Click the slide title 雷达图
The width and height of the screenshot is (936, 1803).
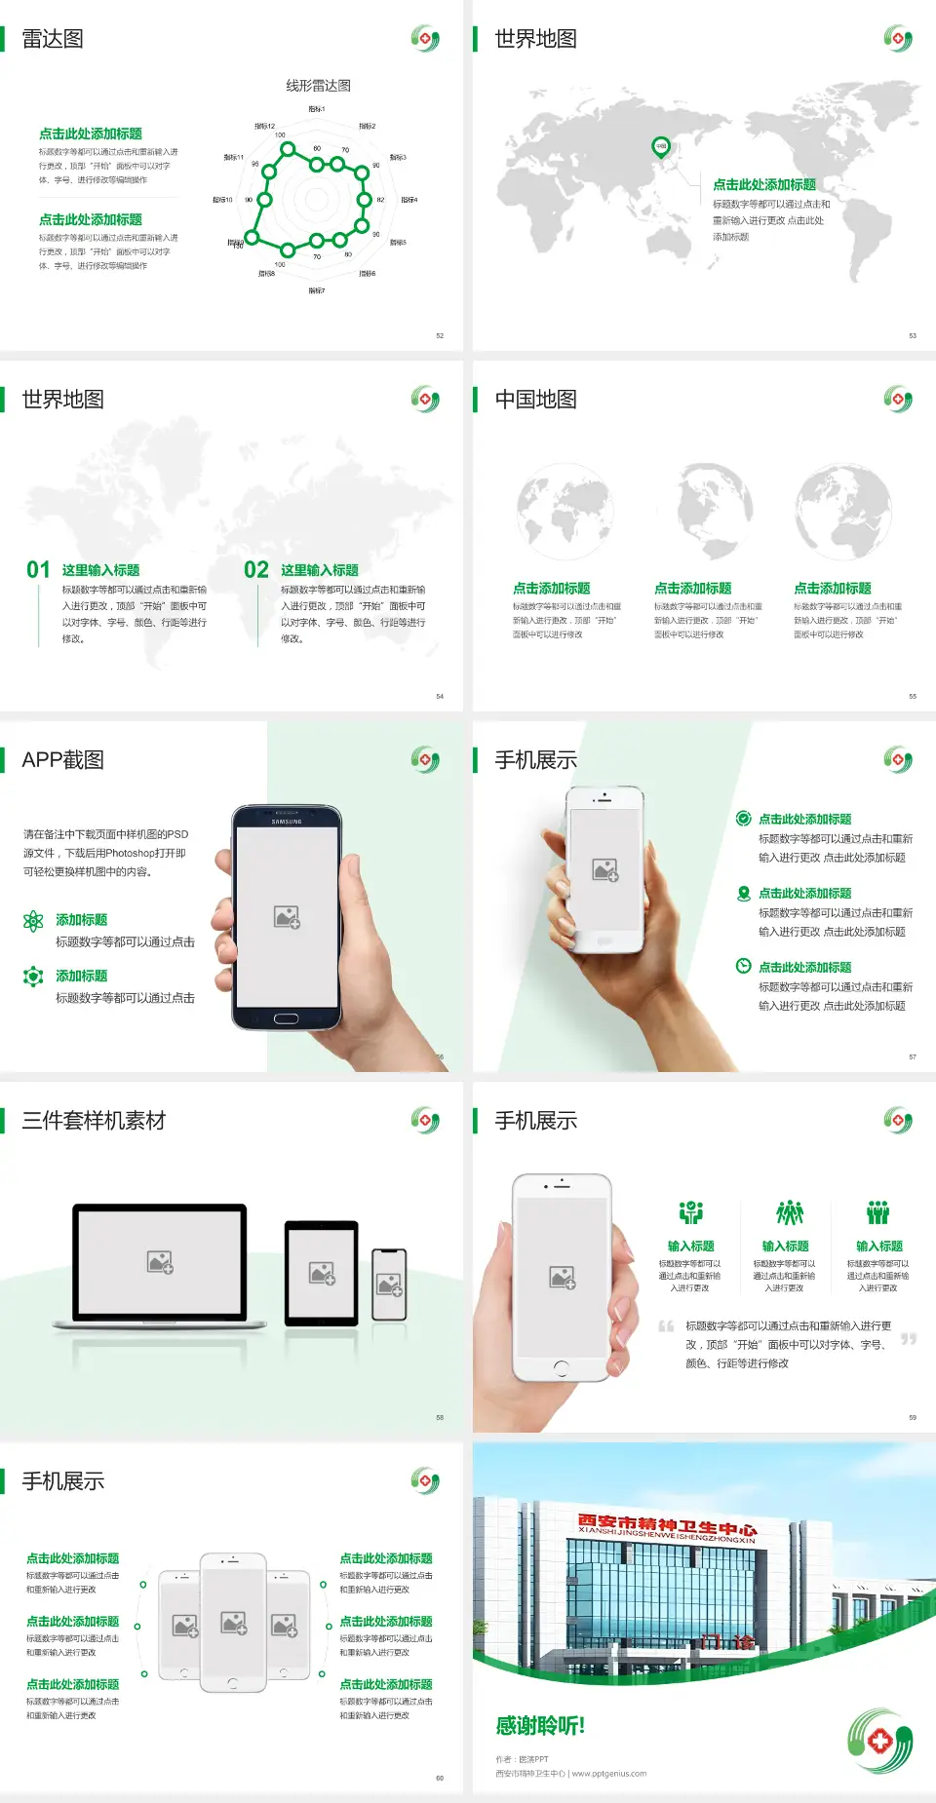click(x=53, y=39)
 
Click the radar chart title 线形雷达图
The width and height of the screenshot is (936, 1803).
click(x=318, y=86)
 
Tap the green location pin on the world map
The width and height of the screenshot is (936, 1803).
click(x=660, y=147)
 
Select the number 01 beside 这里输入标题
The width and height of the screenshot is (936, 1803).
click(x=38, y=570)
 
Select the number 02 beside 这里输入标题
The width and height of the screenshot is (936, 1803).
click(x=256, y=570)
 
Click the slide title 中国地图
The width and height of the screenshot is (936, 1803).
click(x=535, y=400)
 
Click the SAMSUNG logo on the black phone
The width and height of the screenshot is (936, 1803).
click(x=287, y=822)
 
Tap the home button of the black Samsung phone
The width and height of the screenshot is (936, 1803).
click(x=286, y=1018)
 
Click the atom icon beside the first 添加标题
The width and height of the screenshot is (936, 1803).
click(x=33, y=921)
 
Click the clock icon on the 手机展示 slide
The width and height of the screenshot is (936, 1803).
click(x=743, y=966)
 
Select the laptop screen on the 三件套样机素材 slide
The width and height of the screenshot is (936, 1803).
click(x=160, y=1261)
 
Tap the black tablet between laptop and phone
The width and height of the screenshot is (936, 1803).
click(x=322, y=1272)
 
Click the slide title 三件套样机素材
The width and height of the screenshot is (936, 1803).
click(x=94, y=1121)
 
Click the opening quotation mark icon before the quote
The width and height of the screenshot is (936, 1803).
click(x=666, y=1326)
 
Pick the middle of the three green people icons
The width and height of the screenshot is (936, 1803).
click(x=789, y=1212)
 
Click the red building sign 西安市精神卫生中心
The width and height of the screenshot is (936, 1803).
click(x=667, y=1524)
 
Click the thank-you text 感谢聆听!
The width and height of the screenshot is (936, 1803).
click(x=540, y=1726)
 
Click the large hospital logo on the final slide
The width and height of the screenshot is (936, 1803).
click(x=879, y=1741)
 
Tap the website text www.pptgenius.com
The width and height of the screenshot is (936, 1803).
click(x=609, y=1774)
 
